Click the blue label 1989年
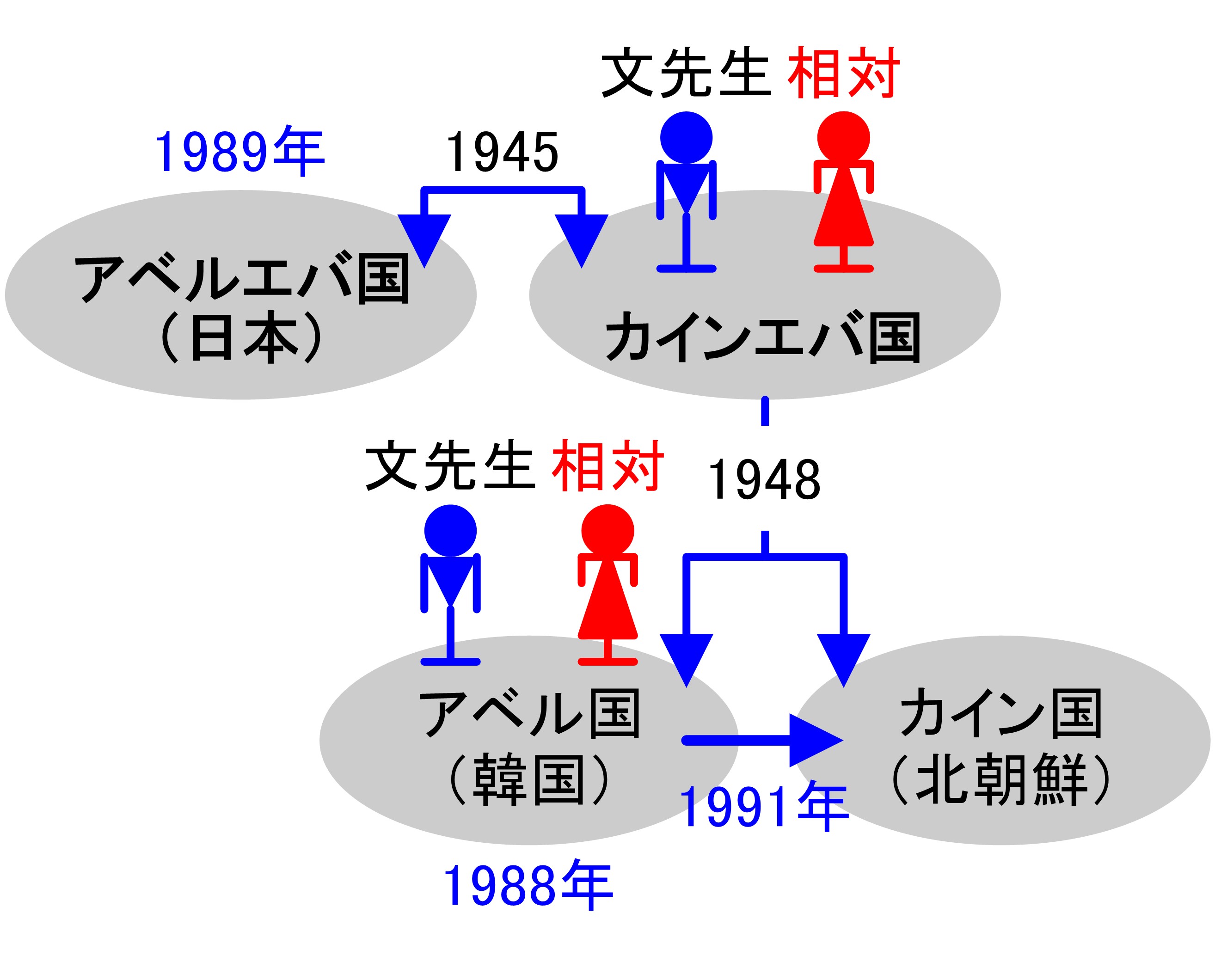tap(239, 151)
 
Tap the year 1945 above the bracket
tap(502, 152)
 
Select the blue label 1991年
tap(764, 807)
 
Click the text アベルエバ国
tap(241, 278)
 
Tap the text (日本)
tap(241, 337)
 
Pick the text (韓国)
tap(529, 780)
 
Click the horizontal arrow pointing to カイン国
tap(761, 741)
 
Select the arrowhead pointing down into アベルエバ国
tap(424, 238)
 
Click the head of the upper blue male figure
tap(686, 138)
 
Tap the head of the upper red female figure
tap(843, 138)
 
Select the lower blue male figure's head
tap(450, 531)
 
